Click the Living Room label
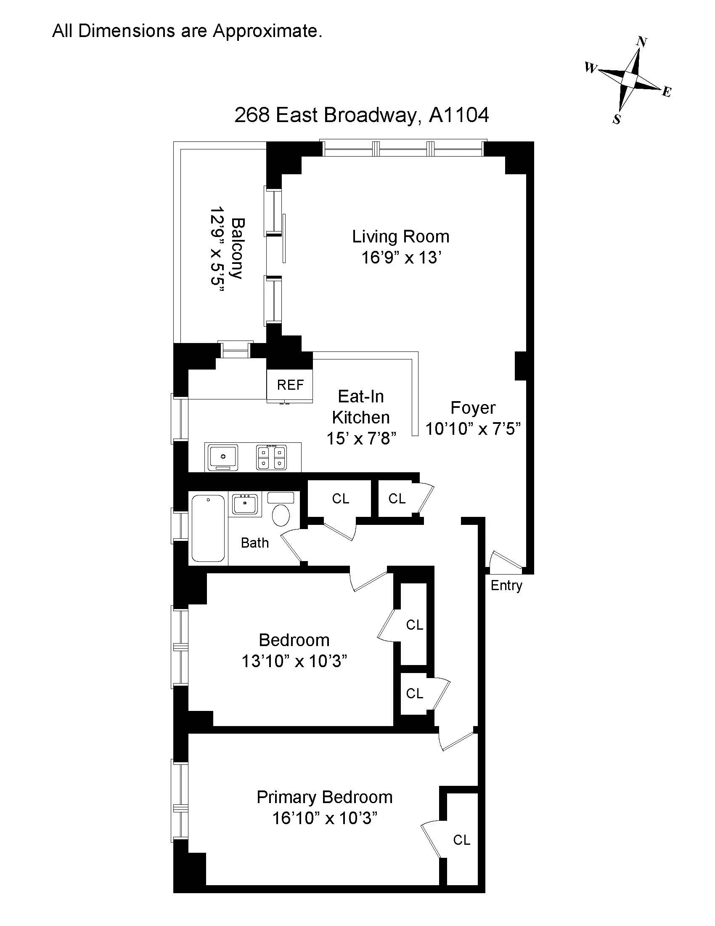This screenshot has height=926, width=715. click(x=400, y=237)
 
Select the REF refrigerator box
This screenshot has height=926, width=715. click(x=290, y=385)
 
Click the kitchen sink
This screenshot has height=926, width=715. click(x=222, y=457)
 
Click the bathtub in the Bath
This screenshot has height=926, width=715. click(x=208, y=528)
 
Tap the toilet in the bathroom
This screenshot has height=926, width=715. click(x=281, y=514)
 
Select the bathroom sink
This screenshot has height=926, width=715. click(x=245, y=504)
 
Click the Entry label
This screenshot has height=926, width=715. click(x=506, y=585)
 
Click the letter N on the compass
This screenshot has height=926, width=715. click(x=642, y=42)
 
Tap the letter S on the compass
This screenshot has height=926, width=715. click(x=617, y=120)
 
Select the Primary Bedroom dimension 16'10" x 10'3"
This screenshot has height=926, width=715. click(x=324, y=818)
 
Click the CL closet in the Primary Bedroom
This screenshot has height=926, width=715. click(x=461, y=840)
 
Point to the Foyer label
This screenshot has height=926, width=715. click(x=473, y=408)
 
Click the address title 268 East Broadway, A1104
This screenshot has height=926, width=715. click(x=361, y=115)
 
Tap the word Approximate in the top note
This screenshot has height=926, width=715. click(x=267, y=31)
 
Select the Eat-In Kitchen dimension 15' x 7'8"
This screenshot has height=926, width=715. click(x=361, y=439)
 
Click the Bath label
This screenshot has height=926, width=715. click(x=254, y=543)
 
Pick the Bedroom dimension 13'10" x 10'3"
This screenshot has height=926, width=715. click(x=294, y=661)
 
